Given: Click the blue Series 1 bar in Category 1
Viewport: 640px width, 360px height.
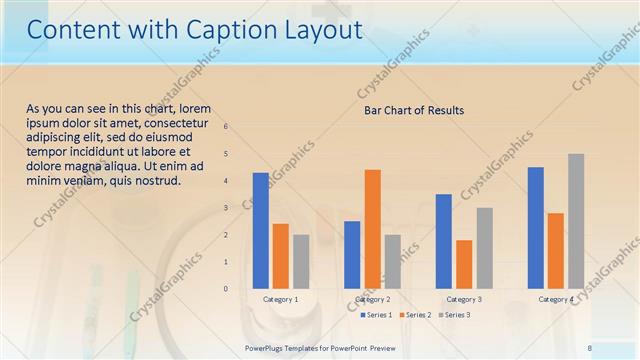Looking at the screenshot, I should pos(260,230).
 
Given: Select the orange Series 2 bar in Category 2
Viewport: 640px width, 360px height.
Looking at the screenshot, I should pos(372,228).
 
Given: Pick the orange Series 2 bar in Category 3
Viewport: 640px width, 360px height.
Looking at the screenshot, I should pos(464,264).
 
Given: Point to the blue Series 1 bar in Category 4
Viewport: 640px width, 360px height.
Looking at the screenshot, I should pos(536,227).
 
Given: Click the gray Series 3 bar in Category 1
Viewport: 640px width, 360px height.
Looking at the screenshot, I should pos(300,261).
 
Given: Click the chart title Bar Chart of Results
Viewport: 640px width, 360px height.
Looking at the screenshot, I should pos(413,110).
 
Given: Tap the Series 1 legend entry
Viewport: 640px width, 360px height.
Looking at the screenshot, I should pos(376,315).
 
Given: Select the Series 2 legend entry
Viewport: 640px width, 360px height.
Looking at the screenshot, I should pos(415,315).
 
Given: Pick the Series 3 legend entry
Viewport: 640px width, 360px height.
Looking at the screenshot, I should pos(454,315).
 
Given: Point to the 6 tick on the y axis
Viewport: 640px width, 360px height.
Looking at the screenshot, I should pos(226,127).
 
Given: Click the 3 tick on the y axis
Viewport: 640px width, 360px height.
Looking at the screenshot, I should pos(226,208).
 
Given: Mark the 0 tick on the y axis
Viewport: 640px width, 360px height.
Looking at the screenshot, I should pos(226,289).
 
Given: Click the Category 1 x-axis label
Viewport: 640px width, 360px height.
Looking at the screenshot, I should pos(280,299).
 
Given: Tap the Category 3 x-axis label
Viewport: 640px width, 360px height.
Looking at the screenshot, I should pos(464,299).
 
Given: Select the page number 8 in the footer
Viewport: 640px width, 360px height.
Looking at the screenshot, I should pos(590,347).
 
